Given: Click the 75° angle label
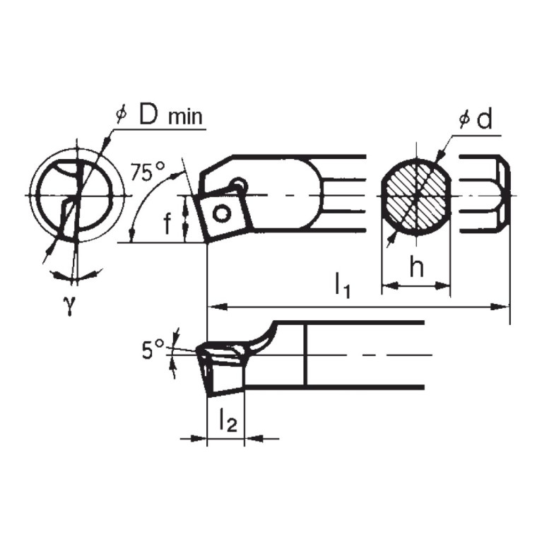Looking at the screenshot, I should click(148, 172).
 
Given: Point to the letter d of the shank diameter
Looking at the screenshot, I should click(483, 119).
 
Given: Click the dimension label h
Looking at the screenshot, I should click(417, 269).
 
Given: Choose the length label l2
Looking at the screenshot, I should click(225, 421).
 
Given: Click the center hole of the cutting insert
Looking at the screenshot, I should click(224, 213).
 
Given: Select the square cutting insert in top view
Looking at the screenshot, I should click(224, 211).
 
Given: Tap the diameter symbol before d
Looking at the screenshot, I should click(464, 120).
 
